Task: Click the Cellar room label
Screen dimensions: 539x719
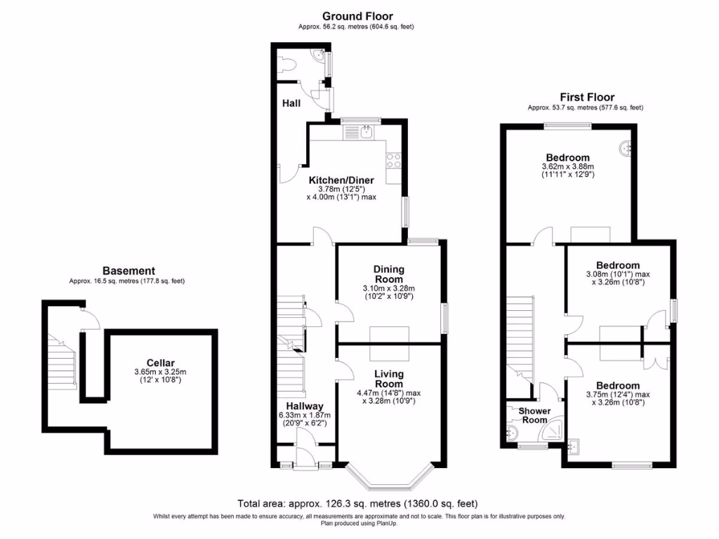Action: pos(161,363)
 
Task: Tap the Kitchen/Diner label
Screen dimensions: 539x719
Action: pos(341,180)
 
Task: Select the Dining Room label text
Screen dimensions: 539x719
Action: pos(388,274)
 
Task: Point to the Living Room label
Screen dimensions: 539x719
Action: pos(388,378)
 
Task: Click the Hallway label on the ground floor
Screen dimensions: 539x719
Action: pos(305,406)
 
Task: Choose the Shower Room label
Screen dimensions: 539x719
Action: pos(534,415)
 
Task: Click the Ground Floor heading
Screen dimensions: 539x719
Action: pos(357,16)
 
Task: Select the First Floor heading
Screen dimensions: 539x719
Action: pos(586,98)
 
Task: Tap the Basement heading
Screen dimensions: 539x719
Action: pos(128,271)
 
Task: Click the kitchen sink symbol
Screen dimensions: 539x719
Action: pos(366,131)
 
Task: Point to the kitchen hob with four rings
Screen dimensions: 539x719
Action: pos(394,160)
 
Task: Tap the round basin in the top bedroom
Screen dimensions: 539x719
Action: pos(626,148)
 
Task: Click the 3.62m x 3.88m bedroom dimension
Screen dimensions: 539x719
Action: pos(568,166)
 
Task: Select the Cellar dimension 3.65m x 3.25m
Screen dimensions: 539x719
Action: pos(161,372)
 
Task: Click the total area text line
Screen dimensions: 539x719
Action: pos(357,503)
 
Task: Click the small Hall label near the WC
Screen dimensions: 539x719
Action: pos(291,103)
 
